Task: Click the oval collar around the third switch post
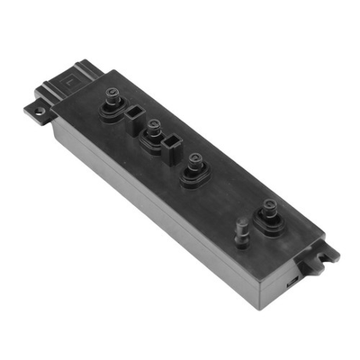193,173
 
